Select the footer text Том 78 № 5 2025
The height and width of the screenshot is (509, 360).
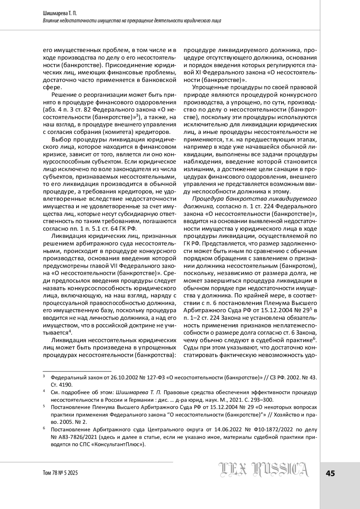pyautogui.click(x=60, y=473)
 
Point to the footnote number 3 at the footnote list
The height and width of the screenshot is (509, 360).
pyautogui.click(x=44, y=376)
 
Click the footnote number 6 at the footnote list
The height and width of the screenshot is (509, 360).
pyautogui.click(x=44, y=429)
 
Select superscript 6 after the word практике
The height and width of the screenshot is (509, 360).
pyautogui.click(x=315, y=339)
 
